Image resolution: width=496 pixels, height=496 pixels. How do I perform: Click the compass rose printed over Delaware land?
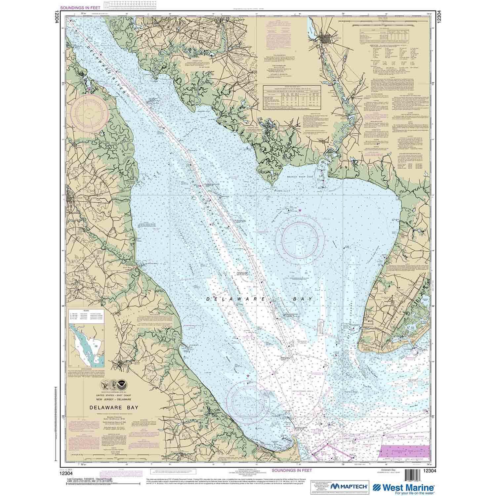[90, 113]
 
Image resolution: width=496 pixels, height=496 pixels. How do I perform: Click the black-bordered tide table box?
[291, 99]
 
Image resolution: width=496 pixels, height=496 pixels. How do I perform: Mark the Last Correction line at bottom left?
[89, 479]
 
